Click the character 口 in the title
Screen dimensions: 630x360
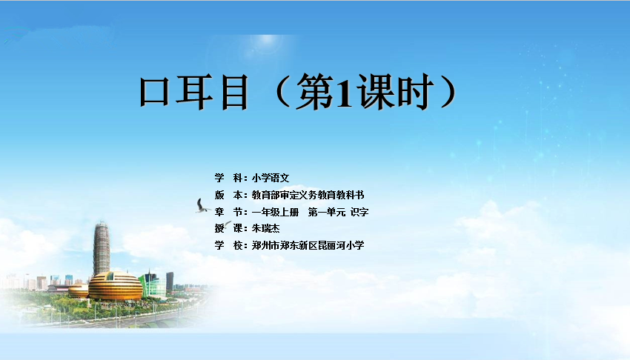click(154, 92)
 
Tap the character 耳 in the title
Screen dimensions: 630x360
click(193, 92)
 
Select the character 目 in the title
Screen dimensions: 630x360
click(235, 92)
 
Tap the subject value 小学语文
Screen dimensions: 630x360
click(271, 178)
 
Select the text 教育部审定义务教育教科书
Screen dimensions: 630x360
click(308, 195)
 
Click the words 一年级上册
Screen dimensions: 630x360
click(275, 212)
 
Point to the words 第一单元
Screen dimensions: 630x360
click(327, 212)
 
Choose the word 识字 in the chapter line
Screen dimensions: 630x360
click(359, 212)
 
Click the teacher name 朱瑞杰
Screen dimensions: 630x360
click(265, 228)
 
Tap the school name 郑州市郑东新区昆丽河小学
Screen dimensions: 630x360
click(308, 245)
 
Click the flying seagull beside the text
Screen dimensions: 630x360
click(202, 205)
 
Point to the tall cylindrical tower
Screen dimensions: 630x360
click(102, 249)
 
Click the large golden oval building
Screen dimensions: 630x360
click(116, 286)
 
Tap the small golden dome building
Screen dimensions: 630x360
click(79, 290)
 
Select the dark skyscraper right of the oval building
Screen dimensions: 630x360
click(170, 281)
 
